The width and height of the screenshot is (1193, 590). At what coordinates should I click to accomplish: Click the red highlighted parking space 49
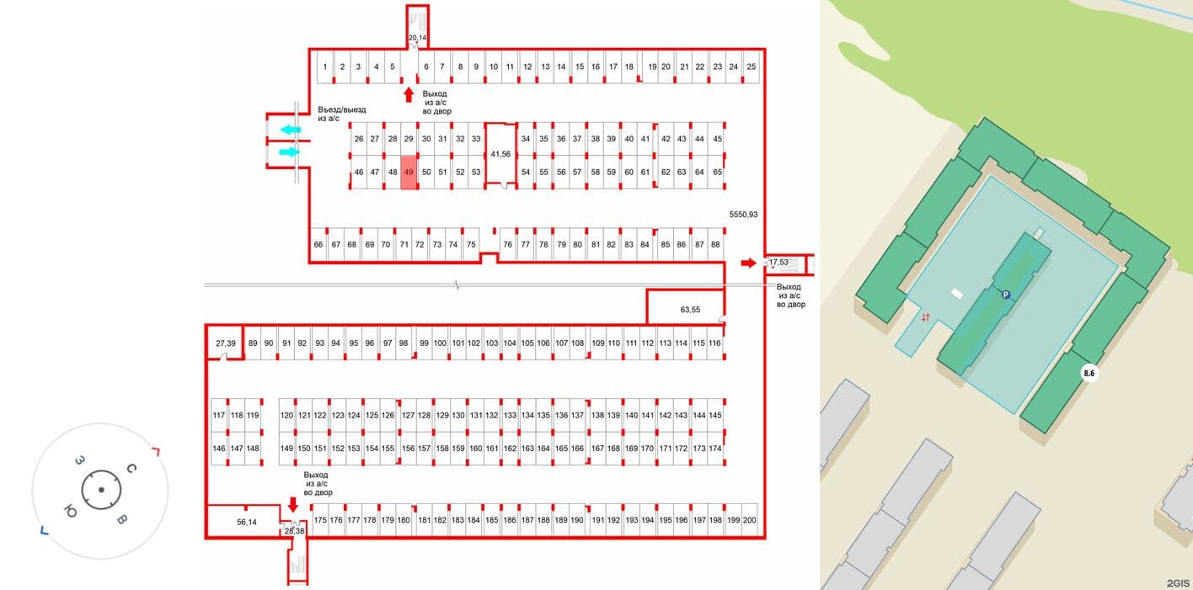click(409, 172)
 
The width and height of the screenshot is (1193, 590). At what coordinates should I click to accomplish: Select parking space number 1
click(325, 66)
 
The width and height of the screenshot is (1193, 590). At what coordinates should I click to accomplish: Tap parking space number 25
click(751, 66)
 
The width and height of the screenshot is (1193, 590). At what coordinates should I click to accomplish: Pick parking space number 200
click(749, 520)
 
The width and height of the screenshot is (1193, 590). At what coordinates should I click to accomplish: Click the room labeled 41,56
click(500, 154)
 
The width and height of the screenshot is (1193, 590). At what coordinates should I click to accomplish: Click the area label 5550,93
click(743, 215)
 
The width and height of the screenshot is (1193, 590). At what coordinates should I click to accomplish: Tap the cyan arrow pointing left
click(291, 130)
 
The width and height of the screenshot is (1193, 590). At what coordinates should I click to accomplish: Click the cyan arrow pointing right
click(289, 152)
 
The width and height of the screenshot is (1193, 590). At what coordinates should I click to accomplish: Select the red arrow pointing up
click(409, 95)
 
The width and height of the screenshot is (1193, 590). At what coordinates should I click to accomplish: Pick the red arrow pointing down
click(292, 504)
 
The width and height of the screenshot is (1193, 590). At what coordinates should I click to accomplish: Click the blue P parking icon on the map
click(1005, 295)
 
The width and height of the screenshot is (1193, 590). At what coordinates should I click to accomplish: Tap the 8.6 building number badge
click(1089, 373)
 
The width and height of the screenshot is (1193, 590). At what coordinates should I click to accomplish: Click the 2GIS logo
click(1178, 583)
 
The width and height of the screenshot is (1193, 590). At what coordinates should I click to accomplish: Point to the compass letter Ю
click(70, 512)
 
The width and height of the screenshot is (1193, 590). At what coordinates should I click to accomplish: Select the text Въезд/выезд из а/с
click(341, 114)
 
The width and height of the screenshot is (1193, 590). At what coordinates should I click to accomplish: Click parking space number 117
click(219, 415)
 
